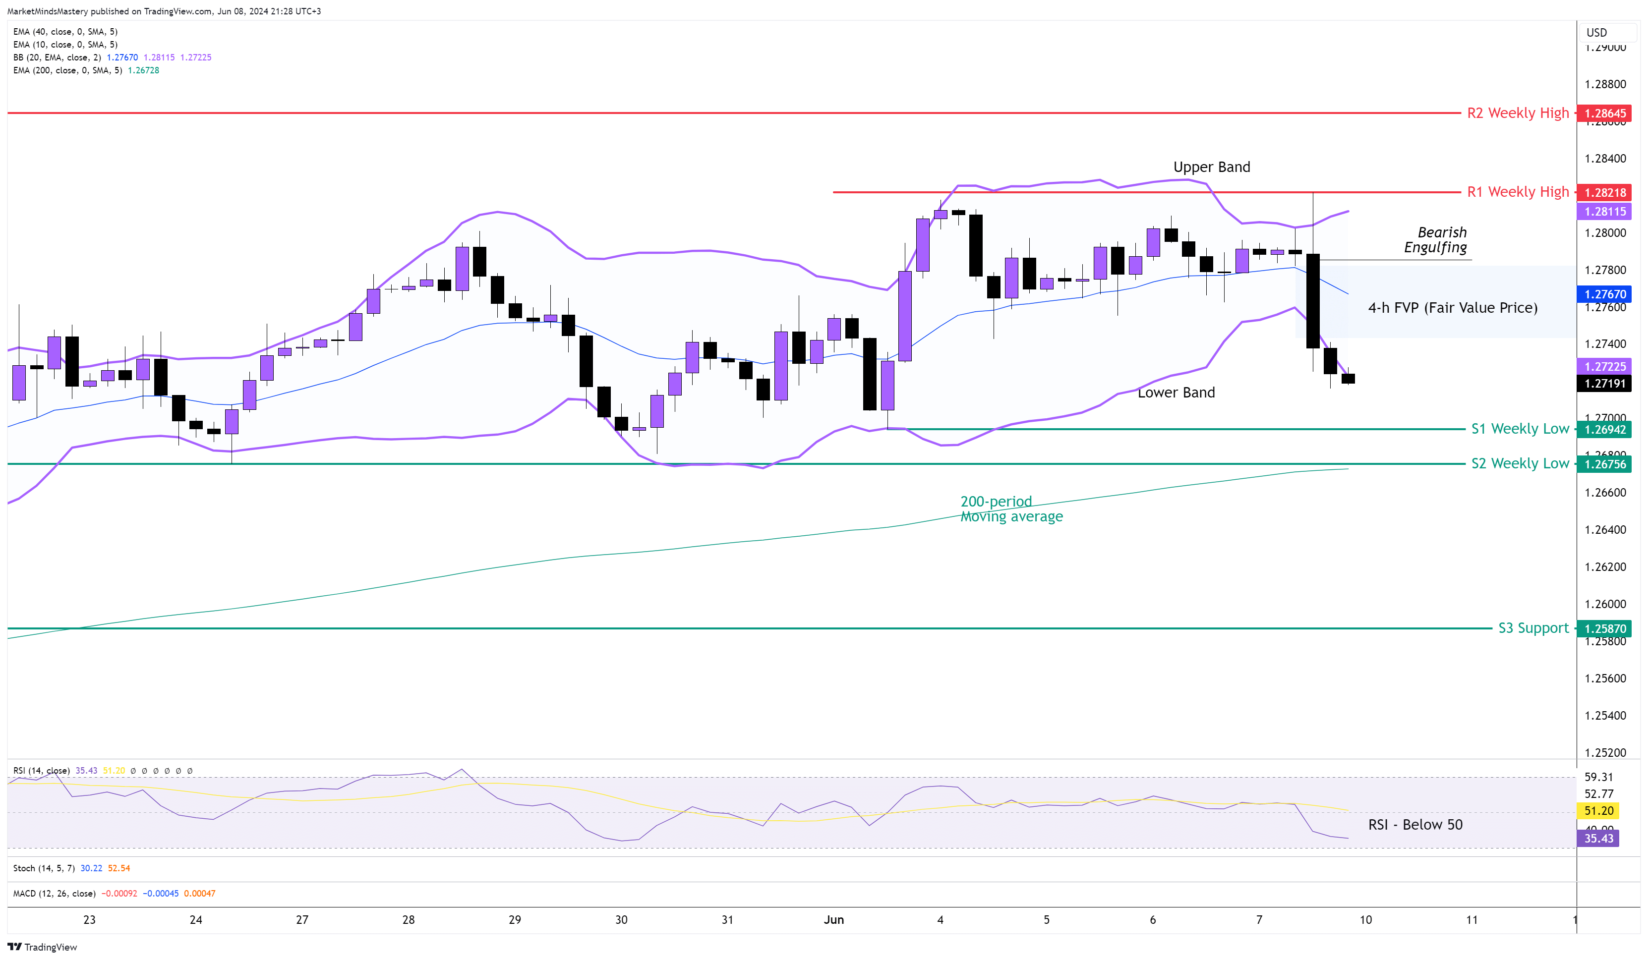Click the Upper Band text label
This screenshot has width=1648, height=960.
pyautogui.click(x=1211, y=168)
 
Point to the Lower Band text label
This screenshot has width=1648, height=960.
pyautogui.click(x=1176, y=393)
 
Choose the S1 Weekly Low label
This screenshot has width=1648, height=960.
pyautogui.click(x=1519, y=429)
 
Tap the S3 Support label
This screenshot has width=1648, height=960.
pyautogui.click(x=1533, y=628)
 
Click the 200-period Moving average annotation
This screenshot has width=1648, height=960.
pyautogui.click(x=1011, y=509)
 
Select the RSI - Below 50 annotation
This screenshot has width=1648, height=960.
pyautogui.click(x=1414, y=825)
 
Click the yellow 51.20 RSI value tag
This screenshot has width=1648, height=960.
pyautogui.click(x=1598, y=811)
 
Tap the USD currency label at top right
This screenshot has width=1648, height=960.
pyautogui.click(x=1596, y=33)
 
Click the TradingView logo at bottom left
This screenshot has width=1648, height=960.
pyautogui.click(x=43, y=947)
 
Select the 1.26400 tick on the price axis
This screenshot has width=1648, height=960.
pyautogui.click(x=1605, y=530)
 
